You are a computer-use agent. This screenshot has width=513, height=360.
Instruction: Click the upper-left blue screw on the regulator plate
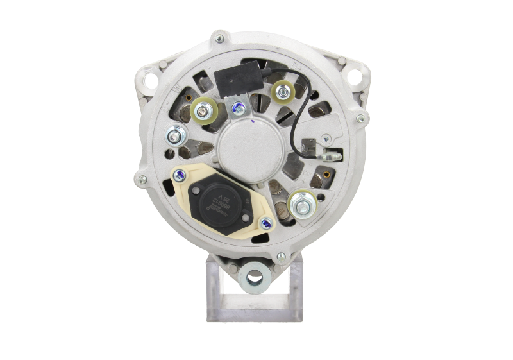click(x=182, y=172)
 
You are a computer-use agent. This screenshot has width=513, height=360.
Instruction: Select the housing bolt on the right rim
click(x=360, y=117)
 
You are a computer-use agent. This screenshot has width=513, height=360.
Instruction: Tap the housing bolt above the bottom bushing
click(x=280, y=257)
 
